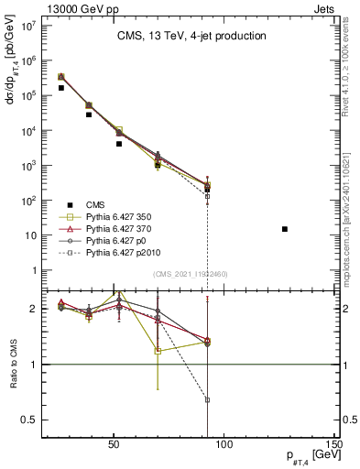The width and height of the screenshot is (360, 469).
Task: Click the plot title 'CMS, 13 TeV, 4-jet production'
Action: click(x=191, y=37)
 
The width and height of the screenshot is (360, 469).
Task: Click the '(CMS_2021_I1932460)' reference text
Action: click(x=191, y=274)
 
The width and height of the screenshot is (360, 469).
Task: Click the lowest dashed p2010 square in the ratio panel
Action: click(x=208, y=399)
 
